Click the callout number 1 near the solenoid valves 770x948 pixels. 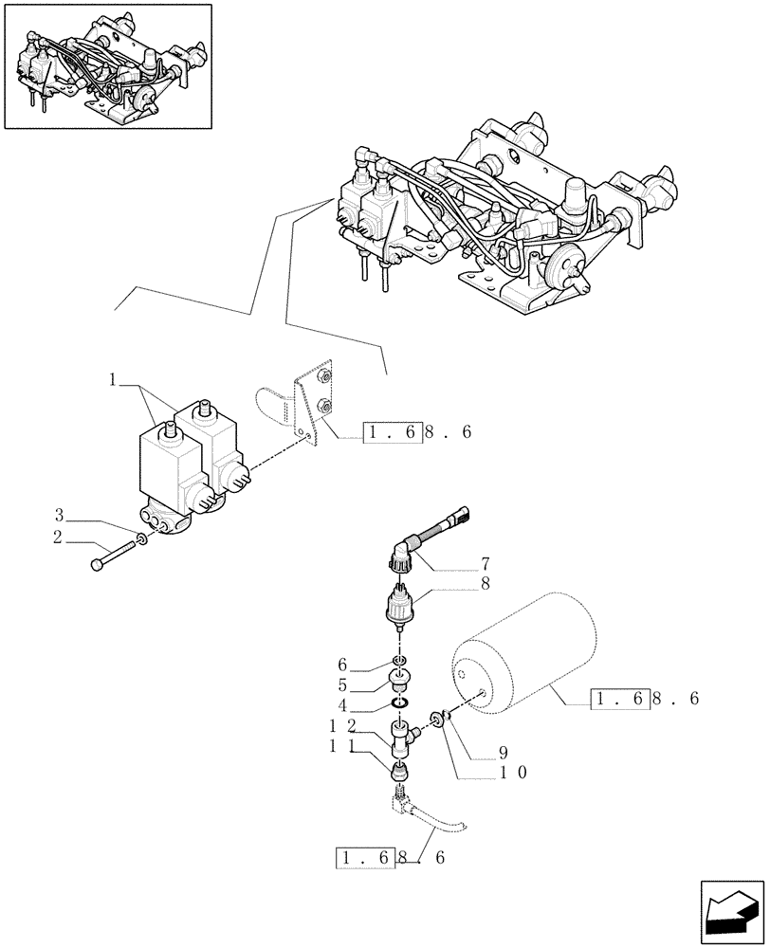point(113,380)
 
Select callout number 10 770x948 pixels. point(513,773)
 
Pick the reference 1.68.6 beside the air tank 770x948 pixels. point(645,700)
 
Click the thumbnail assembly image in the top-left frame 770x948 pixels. point(106,66)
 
